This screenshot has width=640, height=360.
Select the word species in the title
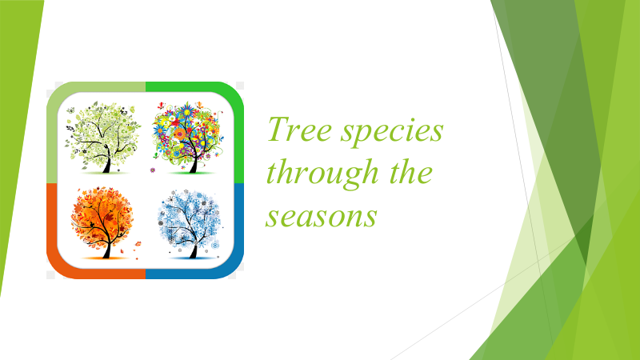(392, 131)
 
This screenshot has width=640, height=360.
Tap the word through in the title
(322, 174)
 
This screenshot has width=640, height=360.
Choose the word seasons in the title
(322, 216)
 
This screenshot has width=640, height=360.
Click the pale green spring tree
(103, 138)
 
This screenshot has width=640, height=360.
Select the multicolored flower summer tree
(188, 138)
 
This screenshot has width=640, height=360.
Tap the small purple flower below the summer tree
(153, 170)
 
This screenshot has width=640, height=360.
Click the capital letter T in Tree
(278, 129)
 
